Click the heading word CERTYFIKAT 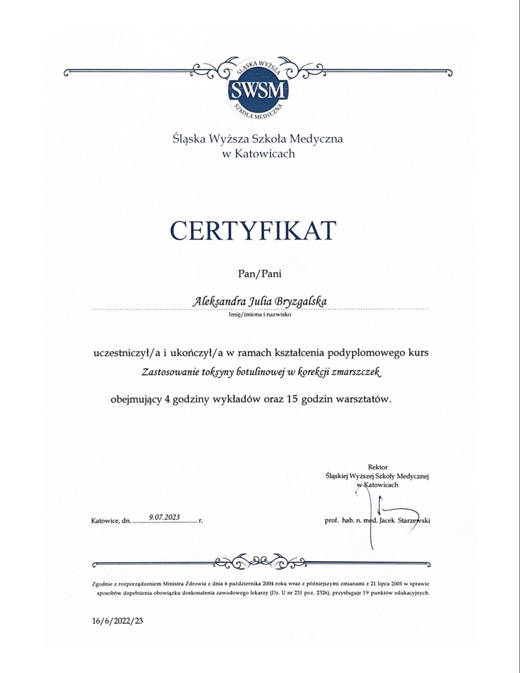tap(253, 230)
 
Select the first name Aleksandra tap(218, 302)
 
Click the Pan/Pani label tap(260, 274)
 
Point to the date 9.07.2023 tap(164, 517)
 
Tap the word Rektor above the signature tap(378, 467)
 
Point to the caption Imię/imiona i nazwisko tap(260, 314)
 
